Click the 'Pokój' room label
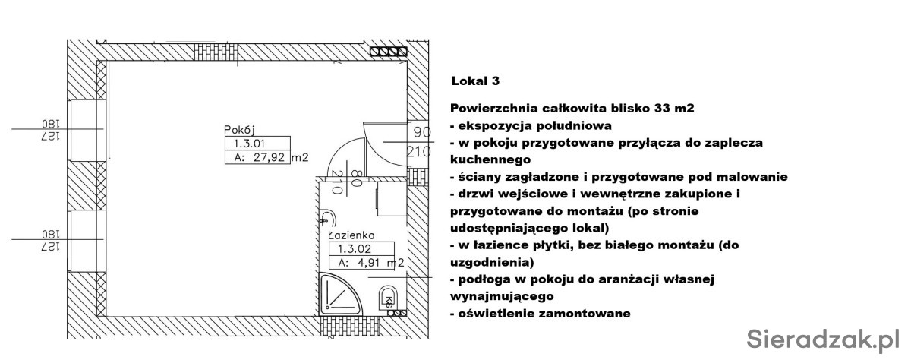coord(240,130)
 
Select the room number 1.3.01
coord(249,144)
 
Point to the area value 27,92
coord(269,157)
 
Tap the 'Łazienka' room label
coord(351,235)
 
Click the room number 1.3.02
coord(355,248)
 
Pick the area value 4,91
coord(368,263)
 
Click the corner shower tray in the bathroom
coord(338,295)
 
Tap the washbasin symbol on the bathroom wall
coord(327,220)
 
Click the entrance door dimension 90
coord(422,132)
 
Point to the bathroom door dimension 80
coord(356,178)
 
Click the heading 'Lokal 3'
coord(475,81)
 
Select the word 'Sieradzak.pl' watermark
coord(823,339)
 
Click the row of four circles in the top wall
coord(389,52)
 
